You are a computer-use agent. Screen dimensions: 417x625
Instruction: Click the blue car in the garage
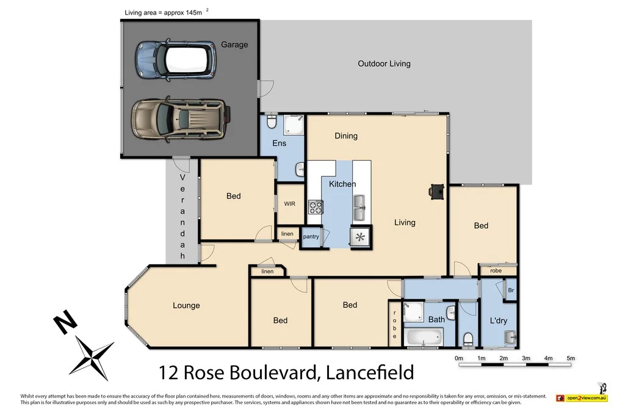click(176, 59)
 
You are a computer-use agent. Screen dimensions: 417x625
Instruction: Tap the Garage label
click(234, 45)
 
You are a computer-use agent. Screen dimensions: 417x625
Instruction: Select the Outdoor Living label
click(384, 63)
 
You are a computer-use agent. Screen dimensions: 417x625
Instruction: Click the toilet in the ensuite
click(272, 124)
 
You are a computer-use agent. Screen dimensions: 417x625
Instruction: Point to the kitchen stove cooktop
click(315, 208)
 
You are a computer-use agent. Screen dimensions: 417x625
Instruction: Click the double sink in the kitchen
click(359, 208)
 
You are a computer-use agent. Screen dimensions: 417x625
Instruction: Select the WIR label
click(289, 204)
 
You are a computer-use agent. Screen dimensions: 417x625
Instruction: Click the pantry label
click(311, 236)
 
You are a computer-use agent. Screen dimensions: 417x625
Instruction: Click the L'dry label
click(499, 321)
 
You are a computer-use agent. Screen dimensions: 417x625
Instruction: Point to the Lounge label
click(186, 305)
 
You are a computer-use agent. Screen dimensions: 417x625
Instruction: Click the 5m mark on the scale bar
click(571, 358)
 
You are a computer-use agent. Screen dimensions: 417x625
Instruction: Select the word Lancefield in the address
click(370, 372)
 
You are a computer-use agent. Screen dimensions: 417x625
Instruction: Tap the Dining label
click(346, 136)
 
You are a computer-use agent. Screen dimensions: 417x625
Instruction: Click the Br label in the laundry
click(511, 291)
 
